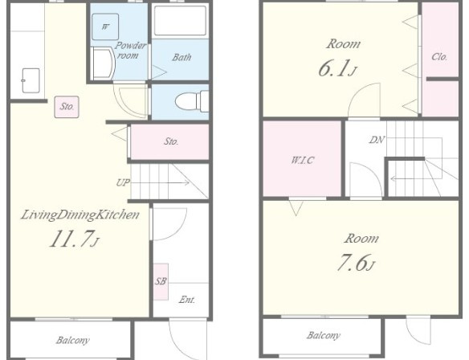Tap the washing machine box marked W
point(105,27)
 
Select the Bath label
point(181,57)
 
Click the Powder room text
point(130,51)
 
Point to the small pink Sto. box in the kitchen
point(67,107)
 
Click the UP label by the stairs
point(123,182)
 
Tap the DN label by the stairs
point(377,140)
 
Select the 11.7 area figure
point(74,239)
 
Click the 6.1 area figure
point(337,68)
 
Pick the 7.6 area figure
point(356,263)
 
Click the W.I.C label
point(303,160)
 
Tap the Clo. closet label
point(439,56)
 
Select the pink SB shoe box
point(161,281)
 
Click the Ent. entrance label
point(187,299)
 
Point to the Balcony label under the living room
point(72,340)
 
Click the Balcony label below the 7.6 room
point(323,335)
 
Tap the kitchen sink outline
point(31,80)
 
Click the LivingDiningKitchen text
point(80,215)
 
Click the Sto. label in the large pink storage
point(171,141)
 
